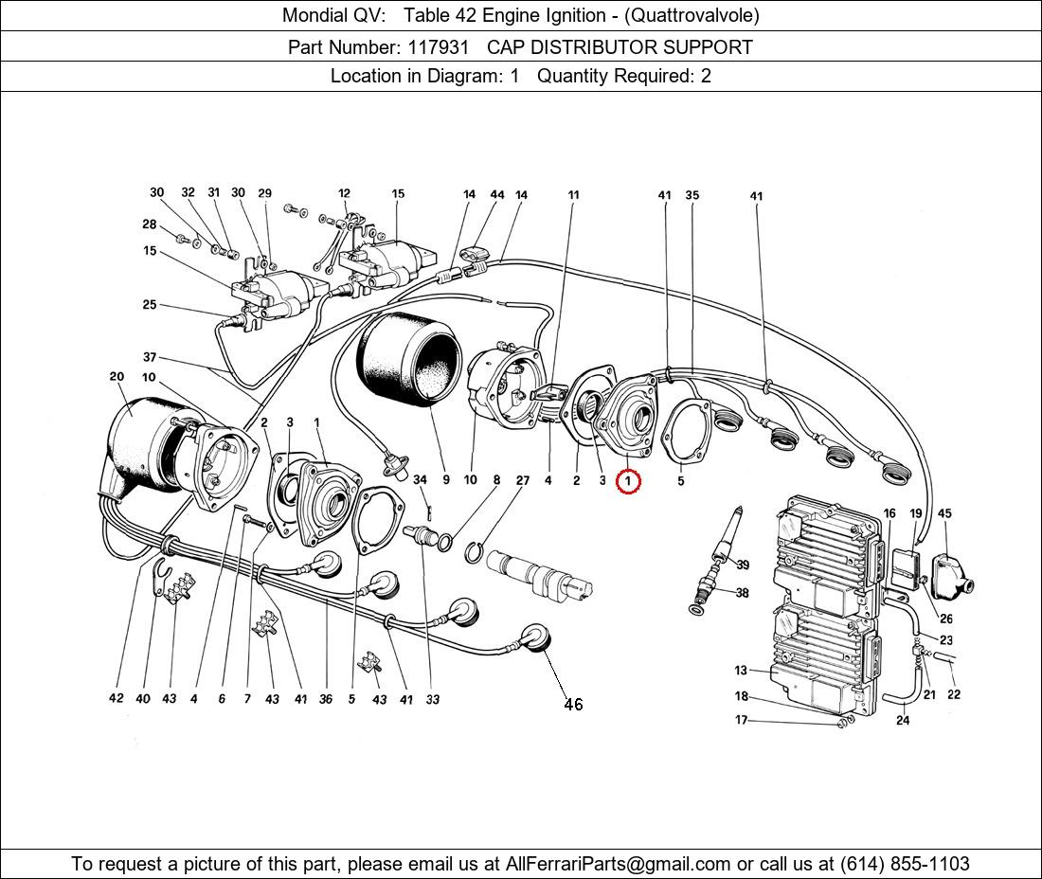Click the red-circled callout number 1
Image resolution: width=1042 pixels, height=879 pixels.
628,481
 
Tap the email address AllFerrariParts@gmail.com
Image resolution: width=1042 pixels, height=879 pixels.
619,864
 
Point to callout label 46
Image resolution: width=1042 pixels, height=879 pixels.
573,704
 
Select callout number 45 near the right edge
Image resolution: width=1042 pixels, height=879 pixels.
944,513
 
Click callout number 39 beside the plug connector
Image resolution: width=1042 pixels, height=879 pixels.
743,565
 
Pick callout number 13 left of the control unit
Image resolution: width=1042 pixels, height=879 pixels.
741,671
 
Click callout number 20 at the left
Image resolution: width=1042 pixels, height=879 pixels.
117,376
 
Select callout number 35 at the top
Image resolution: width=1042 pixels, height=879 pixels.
692,196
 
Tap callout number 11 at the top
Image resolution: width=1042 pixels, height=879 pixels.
573,195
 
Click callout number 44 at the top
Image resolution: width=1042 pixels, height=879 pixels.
497,194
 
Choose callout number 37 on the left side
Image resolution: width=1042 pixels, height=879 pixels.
150,357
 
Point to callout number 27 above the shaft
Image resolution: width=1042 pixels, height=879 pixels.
523,480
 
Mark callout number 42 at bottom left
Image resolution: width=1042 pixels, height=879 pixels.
116,699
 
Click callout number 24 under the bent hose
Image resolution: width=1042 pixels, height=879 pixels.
903,720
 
